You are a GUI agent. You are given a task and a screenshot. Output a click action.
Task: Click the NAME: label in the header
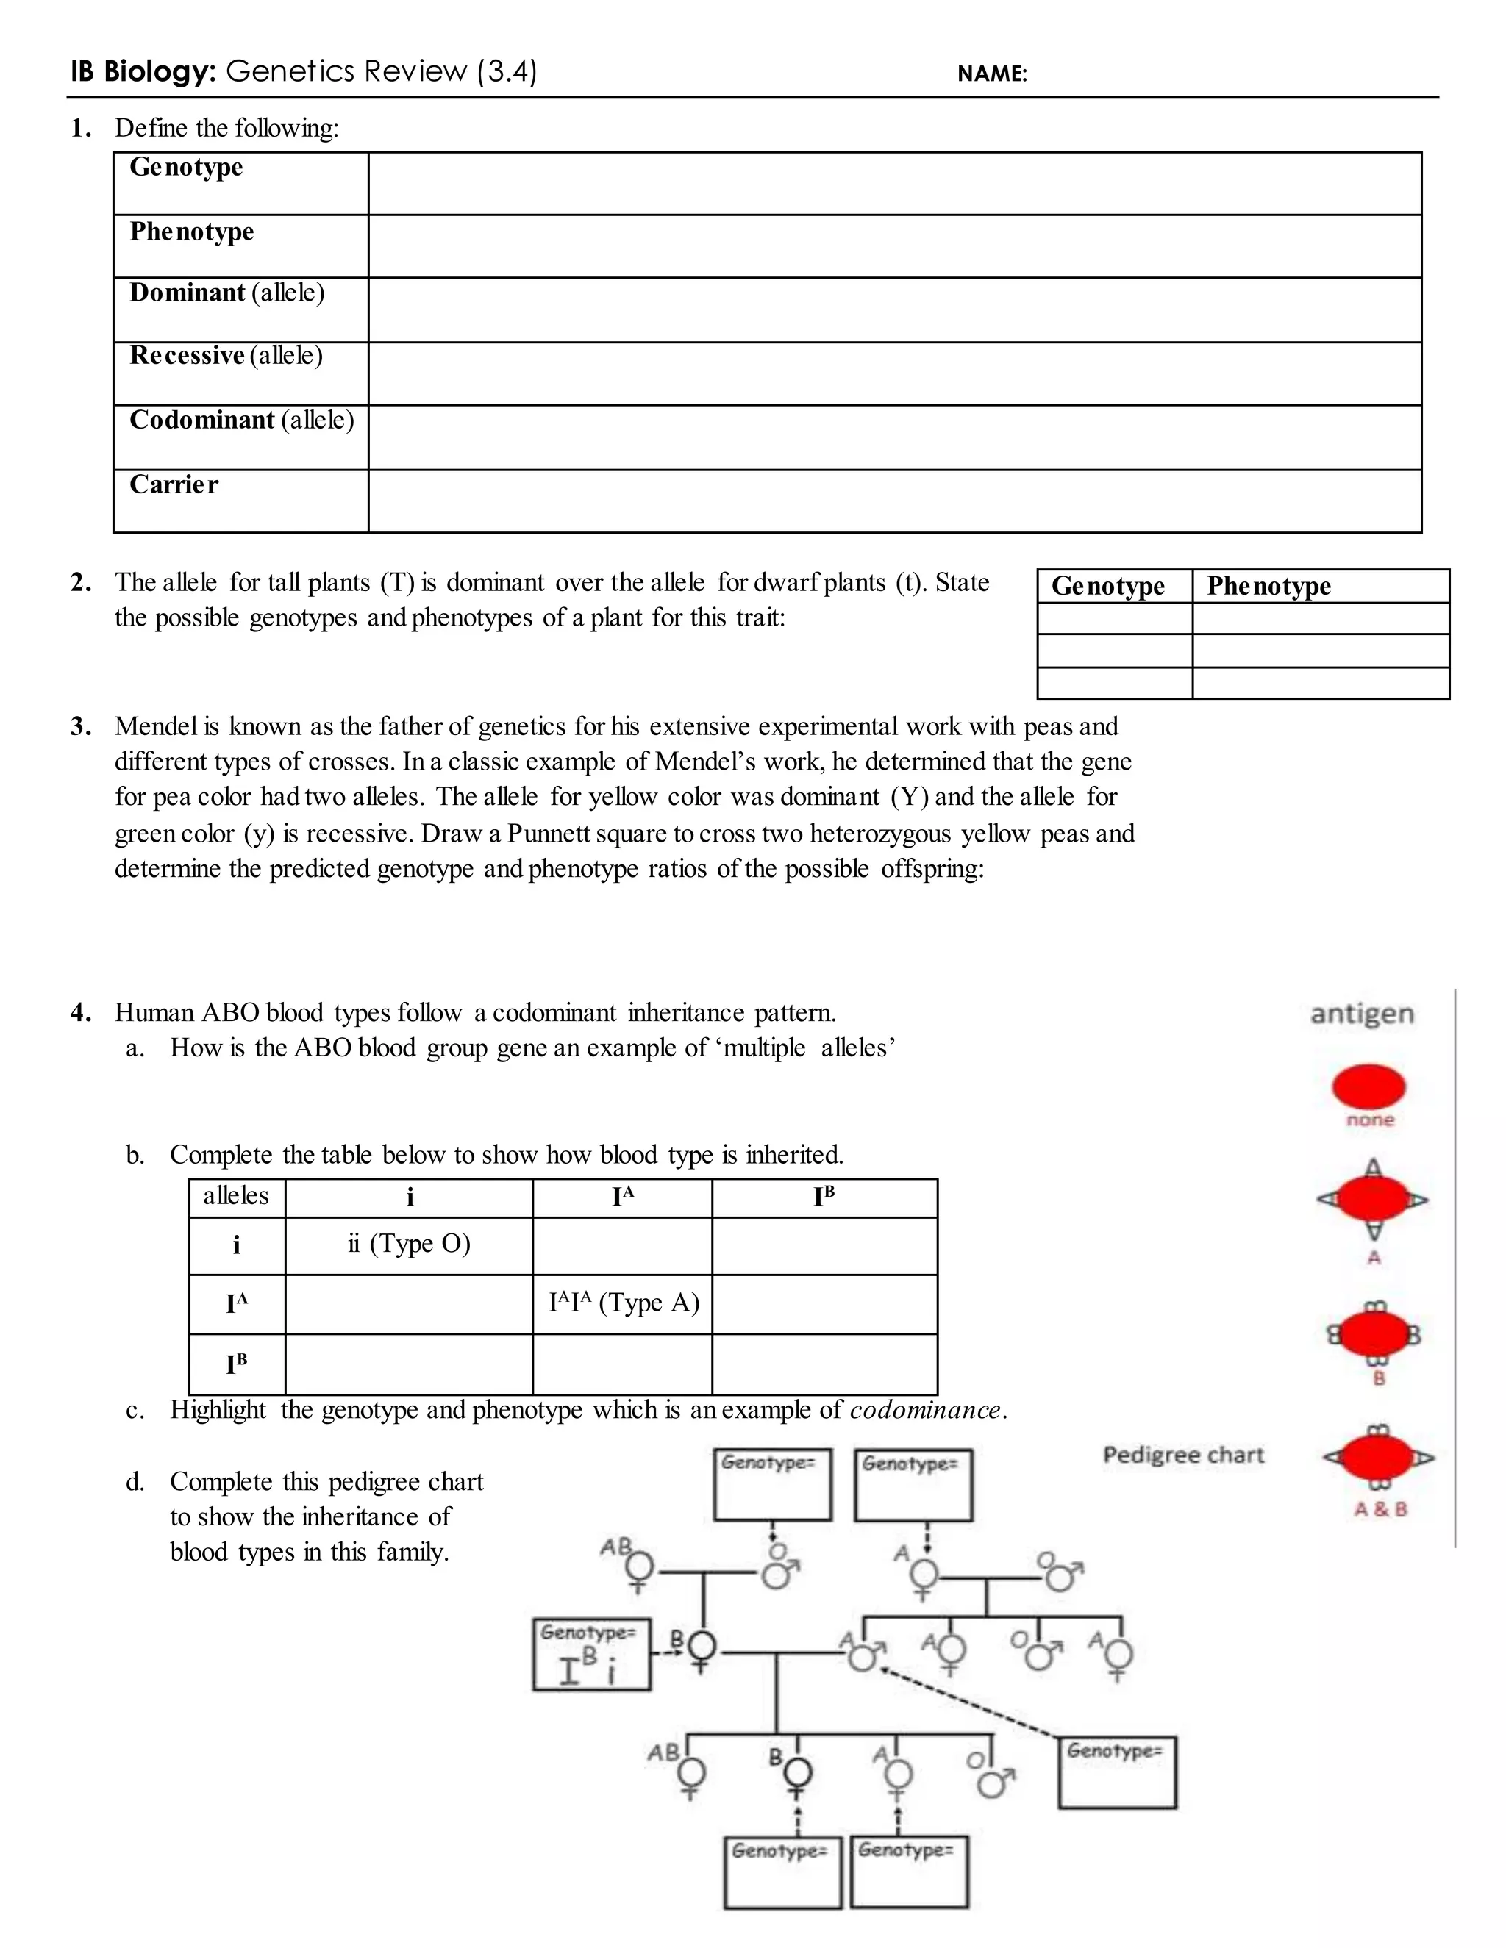[x=992, y=74]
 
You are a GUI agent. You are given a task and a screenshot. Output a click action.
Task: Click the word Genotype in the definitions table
[x=185, y=168]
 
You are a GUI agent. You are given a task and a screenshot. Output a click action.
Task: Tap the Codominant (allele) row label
[x=241, y=420]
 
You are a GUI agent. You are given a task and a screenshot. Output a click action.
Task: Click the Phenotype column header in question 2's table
[x=1268, y=586]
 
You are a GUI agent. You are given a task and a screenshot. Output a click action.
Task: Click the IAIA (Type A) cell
[x=623, y=1303]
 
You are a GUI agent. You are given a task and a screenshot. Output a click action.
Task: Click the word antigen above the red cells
[x=1361, y=1014]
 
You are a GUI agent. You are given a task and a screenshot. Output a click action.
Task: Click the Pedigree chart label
[x=1183, y=1455]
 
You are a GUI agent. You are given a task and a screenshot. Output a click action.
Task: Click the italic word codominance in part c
[x=925, y=1410]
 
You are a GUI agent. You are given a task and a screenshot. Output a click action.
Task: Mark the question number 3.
[x=80, y=727]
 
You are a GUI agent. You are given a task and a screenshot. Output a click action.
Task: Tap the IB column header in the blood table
[x=824, y=1196]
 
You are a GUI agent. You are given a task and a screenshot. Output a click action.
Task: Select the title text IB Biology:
[x=143, y=71]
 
